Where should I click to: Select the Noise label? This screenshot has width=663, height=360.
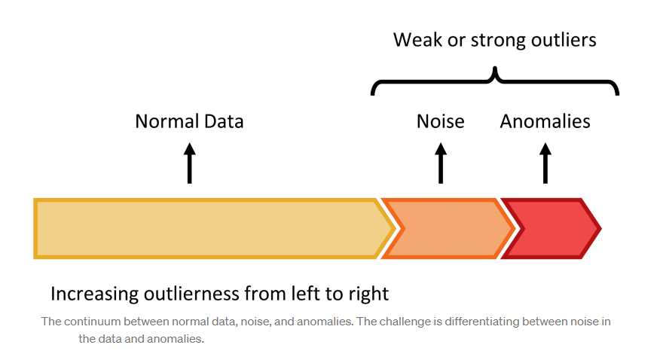pos(441,121)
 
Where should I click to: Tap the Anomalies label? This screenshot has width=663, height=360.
pos(545,121)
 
